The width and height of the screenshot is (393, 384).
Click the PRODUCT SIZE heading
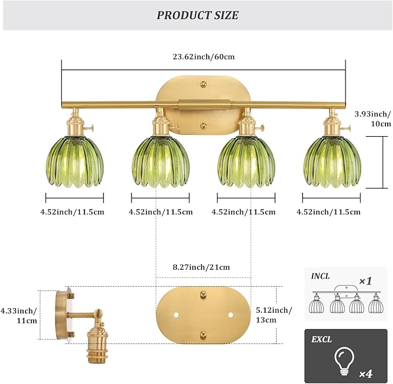[197, 16]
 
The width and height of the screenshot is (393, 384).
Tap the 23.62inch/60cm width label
[203, 57]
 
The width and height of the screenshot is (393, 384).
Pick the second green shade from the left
[160, 162]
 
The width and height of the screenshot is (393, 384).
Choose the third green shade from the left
[248, 162]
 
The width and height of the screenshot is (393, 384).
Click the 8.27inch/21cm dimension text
[203, 267]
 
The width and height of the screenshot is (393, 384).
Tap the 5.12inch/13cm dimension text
[274, 316]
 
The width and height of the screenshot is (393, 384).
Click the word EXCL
[321, 339]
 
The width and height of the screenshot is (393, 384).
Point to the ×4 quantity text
[367, 373]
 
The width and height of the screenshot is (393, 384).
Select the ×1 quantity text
[365, 281]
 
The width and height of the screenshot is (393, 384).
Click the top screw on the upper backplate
[203, 85]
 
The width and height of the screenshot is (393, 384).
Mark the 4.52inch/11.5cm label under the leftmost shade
[72, 211]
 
